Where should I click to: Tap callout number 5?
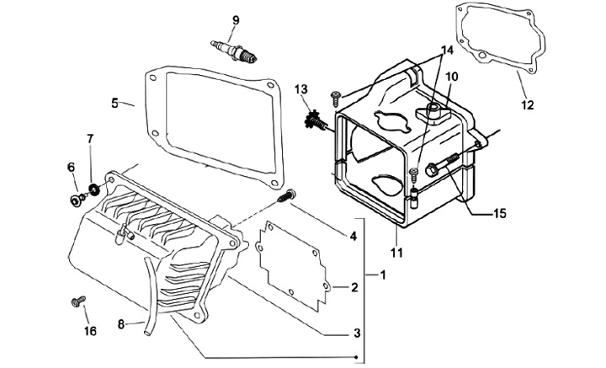coord(115,104)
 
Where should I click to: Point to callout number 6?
coord(72,168)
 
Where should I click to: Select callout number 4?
coord(354,237)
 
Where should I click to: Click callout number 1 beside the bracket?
coord(384,275)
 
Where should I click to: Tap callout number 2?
coord(354,288)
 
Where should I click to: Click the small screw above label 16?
coord(77,301)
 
